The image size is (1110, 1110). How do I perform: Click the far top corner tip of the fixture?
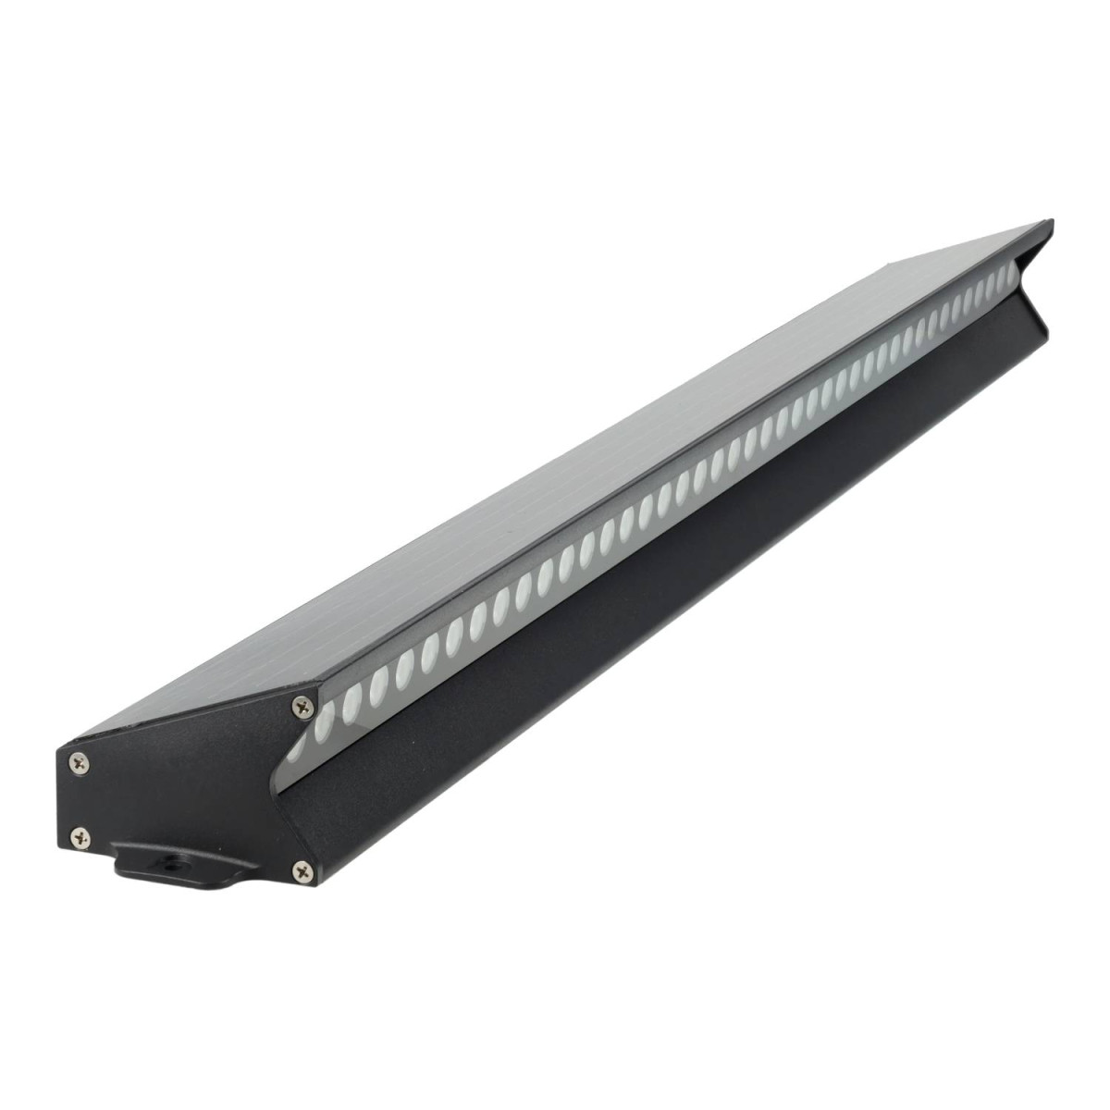coord(1052,221)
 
